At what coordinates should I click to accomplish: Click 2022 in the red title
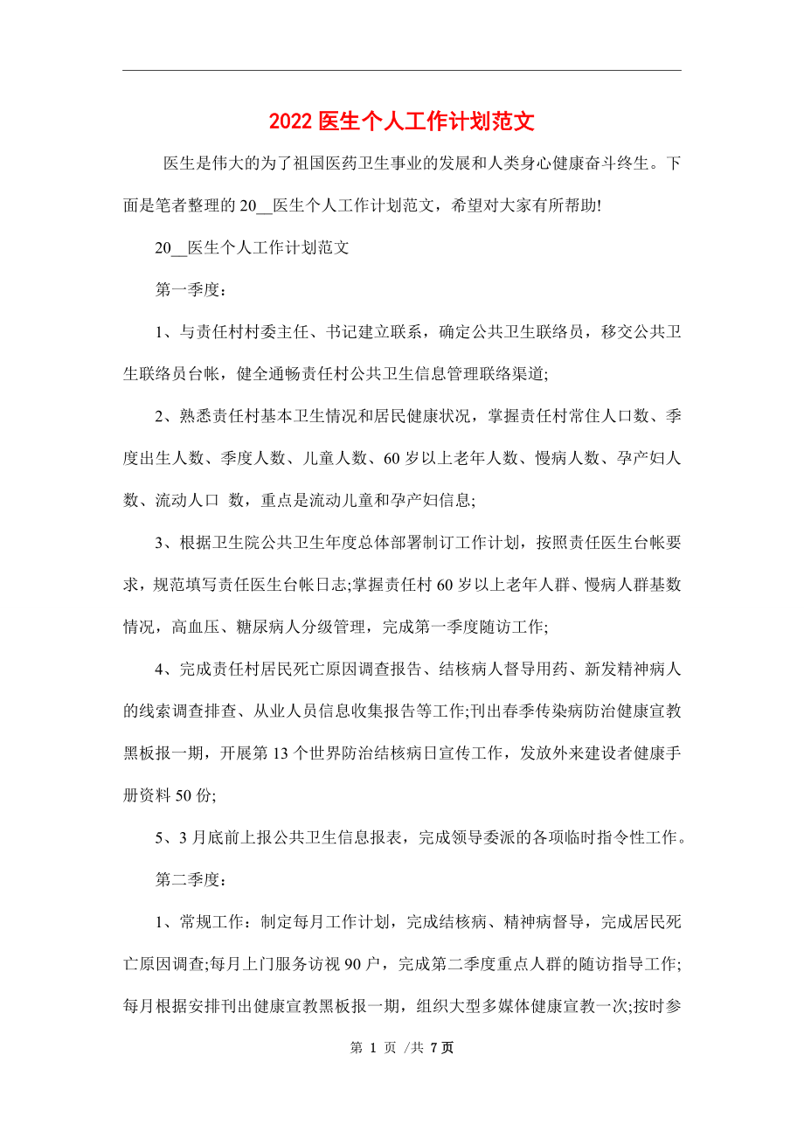click(290, 121)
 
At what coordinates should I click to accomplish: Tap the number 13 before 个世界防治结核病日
click(276, 753)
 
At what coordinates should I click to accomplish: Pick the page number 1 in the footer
click(383, 1048)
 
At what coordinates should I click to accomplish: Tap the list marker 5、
click(164, 837)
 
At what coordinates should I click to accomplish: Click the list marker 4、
click(164, 669)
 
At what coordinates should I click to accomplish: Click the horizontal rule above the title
click(402, 71)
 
